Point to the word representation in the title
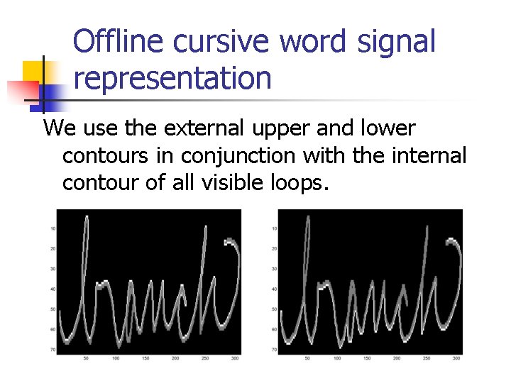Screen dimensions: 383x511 172,79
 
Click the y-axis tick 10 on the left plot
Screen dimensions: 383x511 53,228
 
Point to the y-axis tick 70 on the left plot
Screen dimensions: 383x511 53,350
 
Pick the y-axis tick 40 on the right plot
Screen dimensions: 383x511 274,289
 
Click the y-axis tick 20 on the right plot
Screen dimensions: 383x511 274,248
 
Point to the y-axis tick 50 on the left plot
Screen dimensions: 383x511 53,310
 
